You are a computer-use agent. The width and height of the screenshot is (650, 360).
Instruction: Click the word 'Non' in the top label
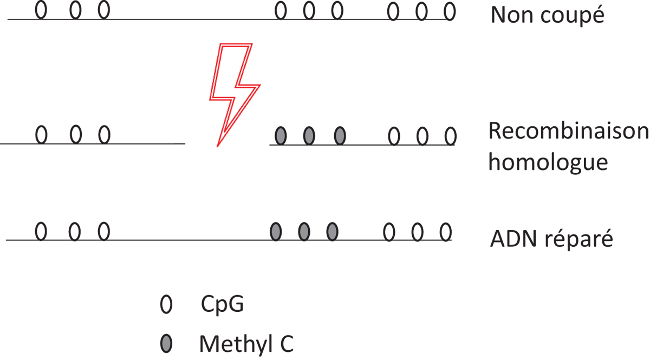[x=512, y=15]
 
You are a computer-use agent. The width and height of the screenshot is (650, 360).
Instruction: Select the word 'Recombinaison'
[x=568, y=131]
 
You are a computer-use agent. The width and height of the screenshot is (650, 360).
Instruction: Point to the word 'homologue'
[x=548, y=163]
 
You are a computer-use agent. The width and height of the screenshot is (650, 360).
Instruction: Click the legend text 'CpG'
[x=222, y=304]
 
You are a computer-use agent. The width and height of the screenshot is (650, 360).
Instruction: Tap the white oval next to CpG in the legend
[x=166, y=304]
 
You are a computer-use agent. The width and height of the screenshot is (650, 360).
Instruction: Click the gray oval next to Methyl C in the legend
[x=166, y=343]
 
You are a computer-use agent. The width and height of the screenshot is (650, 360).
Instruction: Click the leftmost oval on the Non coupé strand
[x=41, y=10]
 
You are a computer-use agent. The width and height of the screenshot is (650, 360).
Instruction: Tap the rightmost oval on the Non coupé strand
[x=450, y=11]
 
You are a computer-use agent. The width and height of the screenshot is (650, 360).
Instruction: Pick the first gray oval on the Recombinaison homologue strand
[x=281, y=136]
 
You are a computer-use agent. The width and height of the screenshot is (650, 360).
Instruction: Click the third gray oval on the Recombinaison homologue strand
[x=340, y=136]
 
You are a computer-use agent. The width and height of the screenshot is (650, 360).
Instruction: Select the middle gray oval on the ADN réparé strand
[x=304, y=232]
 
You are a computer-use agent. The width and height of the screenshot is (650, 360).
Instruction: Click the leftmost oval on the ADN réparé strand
[x=41, y=232]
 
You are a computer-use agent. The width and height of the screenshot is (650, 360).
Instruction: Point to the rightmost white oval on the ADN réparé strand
[x=445, y=232]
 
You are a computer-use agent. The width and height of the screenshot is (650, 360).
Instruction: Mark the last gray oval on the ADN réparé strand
[x=332, y=232]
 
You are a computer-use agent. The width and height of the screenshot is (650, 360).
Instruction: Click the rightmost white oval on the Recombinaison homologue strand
[x=450, y=136]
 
